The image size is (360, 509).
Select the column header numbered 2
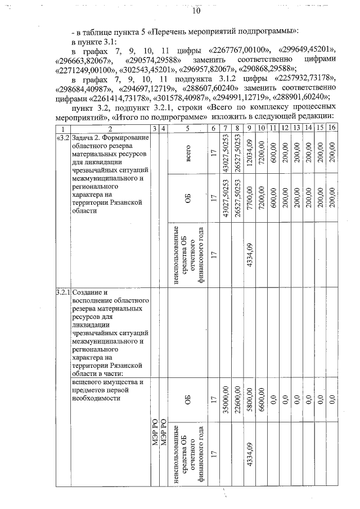click(x=110, y=129)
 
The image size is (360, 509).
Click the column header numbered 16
click(x=332, y=129)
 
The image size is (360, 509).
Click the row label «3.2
click(x=62, y=138)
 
